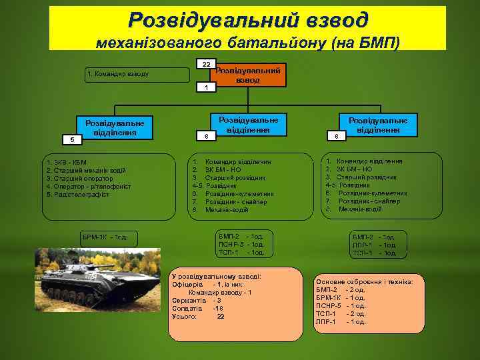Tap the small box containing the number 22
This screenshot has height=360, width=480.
pos(206,64)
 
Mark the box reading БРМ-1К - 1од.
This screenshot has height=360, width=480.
pos(109,237)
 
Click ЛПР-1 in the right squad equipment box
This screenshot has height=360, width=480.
pos(363,245)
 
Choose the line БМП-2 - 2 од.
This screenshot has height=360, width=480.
pos(341,290)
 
